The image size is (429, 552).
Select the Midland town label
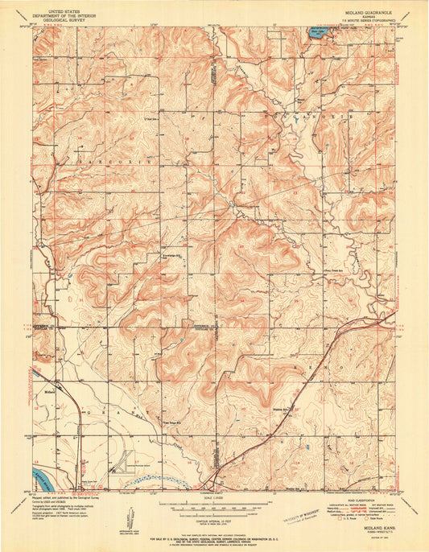pyautogui.click(x=47, y=393)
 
